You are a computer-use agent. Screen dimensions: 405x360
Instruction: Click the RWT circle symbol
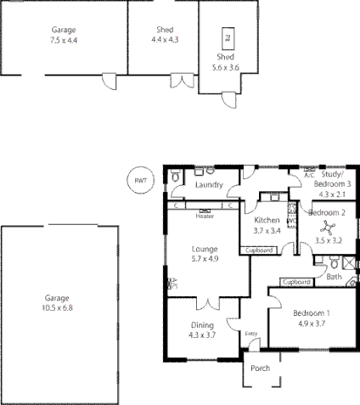(x=140, y=179)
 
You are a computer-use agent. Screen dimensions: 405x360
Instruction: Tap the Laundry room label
(x=209, y=185)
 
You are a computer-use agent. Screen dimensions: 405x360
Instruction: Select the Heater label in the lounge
(x=204, y=216)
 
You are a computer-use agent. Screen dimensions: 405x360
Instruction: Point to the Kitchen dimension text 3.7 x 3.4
(x=266, y=230)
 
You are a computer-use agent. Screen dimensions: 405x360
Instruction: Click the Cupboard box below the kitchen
(x=259, y=250)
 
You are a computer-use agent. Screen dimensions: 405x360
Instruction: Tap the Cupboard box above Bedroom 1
(x=295, y=282)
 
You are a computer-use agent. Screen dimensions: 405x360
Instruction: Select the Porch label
(x=260, y=368)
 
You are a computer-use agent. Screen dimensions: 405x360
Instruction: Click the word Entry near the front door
(x=251, y=334)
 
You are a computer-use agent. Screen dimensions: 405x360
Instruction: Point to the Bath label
(x=335, y=277)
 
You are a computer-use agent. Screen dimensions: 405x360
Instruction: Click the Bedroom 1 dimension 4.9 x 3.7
(x=311, y=323)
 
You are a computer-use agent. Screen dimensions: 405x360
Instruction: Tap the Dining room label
(x=201, y=325)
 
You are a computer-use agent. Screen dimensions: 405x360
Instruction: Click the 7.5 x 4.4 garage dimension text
(x=63, y=40)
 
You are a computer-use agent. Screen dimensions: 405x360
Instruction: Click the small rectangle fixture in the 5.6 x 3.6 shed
(x=227, y=37)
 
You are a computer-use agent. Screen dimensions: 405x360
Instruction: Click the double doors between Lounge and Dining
(x=205, y=303)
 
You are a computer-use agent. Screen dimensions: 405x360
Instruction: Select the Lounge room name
(x=205, y=249)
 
